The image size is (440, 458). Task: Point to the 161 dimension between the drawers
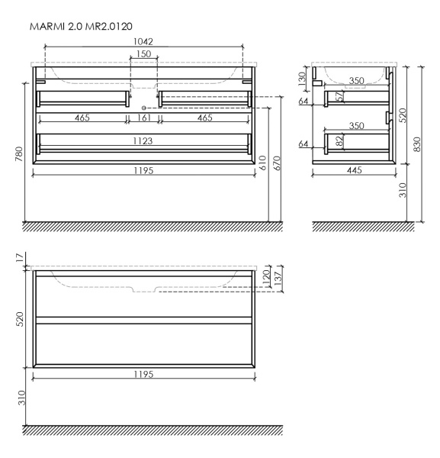(x=144, y=118)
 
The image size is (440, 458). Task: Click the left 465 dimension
(x=80, y=118)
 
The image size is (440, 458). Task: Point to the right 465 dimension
(x=205, y=118)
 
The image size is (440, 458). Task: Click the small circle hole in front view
(x=145, y=108)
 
